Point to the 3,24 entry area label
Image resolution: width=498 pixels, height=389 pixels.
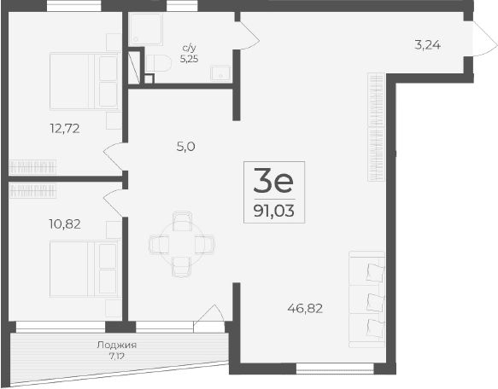[427, 45]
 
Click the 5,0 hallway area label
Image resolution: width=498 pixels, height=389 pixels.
[186, 146]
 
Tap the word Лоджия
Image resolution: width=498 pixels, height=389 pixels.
[117, 345]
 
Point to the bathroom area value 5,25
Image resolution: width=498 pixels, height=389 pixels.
[188, 60]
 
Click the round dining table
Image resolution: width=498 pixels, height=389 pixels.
[180, 244]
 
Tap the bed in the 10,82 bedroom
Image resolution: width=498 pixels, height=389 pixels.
[83, 266]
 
